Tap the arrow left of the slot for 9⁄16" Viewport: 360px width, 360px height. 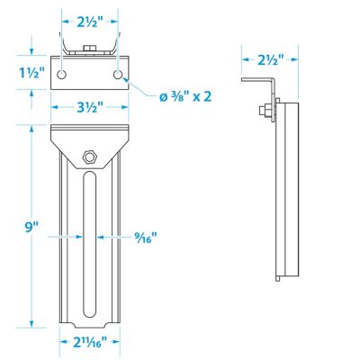76,237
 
